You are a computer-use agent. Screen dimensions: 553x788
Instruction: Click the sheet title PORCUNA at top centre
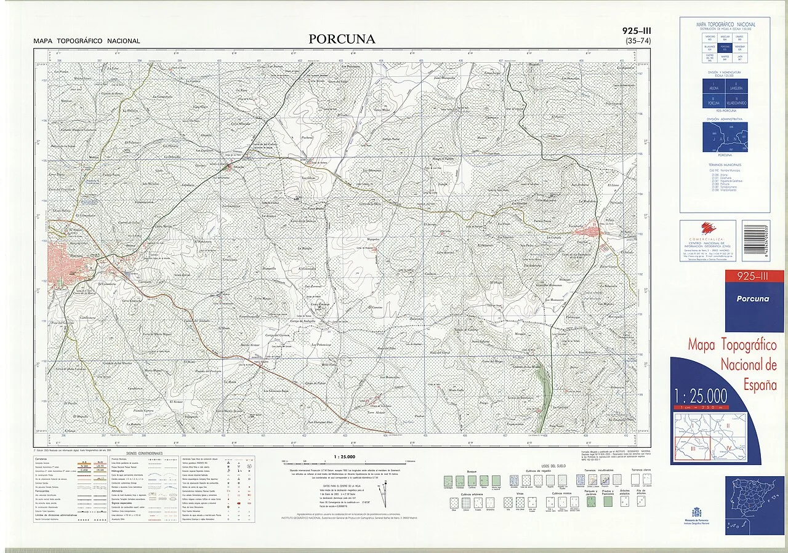click(342, 39)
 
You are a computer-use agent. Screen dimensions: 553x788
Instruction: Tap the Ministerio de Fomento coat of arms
click(697, 512)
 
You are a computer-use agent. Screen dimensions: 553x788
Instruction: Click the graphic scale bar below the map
click(343, 461)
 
